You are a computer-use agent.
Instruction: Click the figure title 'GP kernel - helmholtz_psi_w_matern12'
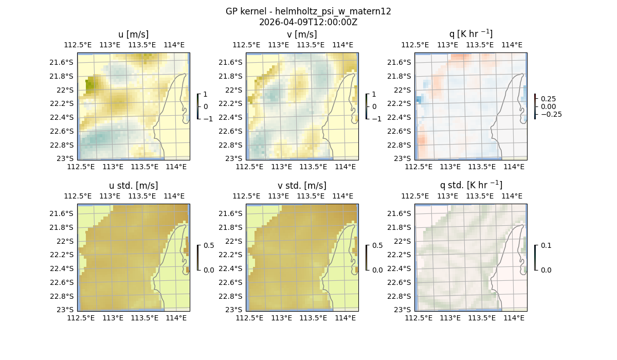click(x=308, y=11)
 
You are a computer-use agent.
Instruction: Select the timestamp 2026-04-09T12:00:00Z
click(x=308, y=22)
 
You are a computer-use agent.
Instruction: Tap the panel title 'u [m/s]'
click(x=133, y=34)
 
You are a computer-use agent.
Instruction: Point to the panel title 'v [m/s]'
click(x=302, y=34)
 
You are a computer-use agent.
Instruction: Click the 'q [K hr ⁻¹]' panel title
click(x=470, y=34)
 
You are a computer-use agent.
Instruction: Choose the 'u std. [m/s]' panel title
click(x=133, y=186)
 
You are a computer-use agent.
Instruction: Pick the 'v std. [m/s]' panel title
click(x=302, y=186)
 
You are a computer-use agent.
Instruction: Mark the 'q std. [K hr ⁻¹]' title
click(x=470, y=185)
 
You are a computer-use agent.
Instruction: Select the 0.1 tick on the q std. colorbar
click(x=545, y=245)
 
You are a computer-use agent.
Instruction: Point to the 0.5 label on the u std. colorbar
click(x=208, y=245)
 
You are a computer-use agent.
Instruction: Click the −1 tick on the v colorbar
click(x=376, y=119)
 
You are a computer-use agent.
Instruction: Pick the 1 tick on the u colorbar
click(x=206, y=94)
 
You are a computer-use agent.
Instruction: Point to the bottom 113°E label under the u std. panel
click(x=113, y=318)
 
